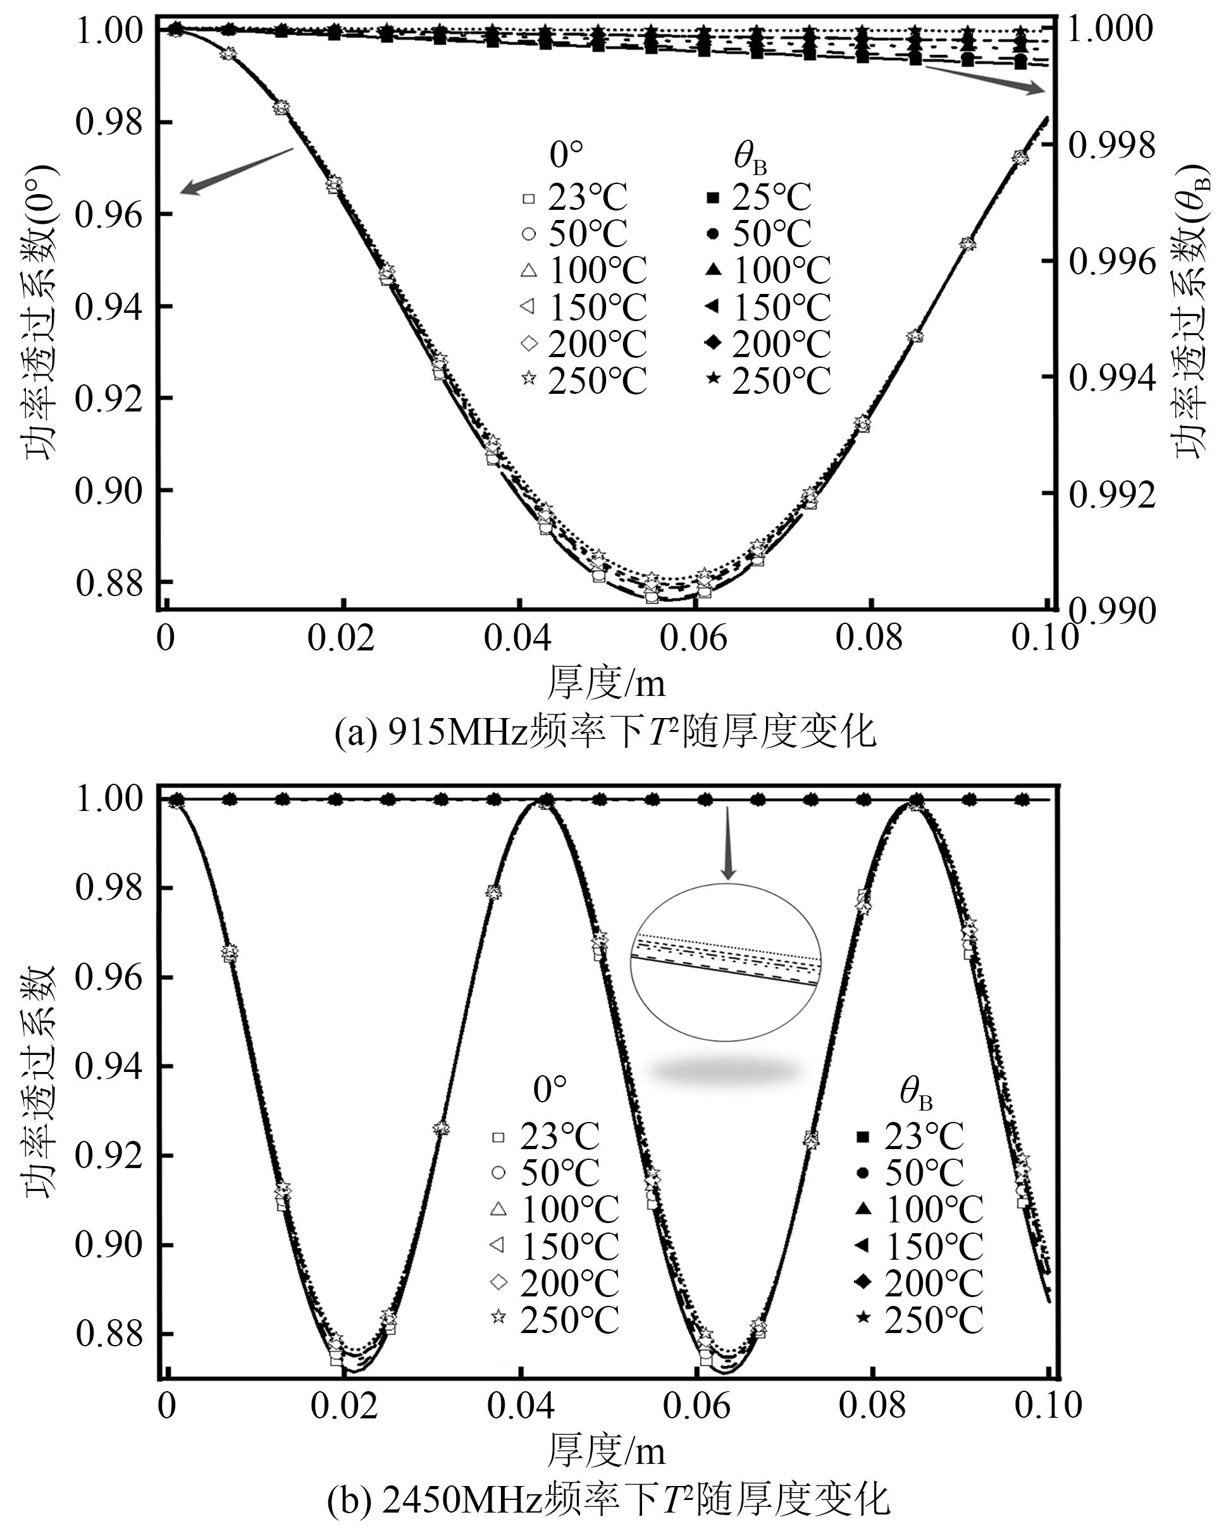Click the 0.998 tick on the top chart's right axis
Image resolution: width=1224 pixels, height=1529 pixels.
coord(1111,146)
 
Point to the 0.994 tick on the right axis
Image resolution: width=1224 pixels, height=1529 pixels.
coord(1111,378)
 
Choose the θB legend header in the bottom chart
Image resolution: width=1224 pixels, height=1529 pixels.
coord(915,1093)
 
